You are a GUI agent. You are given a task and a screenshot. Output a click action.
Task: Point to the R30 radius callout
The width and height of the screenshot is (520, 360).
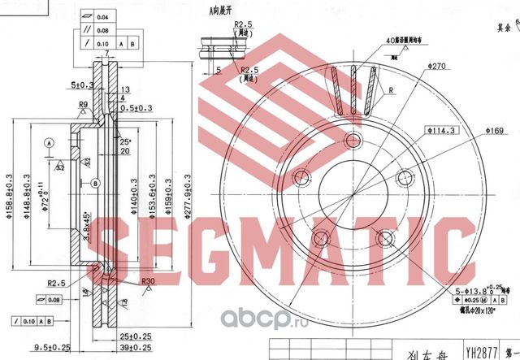click(x=148, y=281)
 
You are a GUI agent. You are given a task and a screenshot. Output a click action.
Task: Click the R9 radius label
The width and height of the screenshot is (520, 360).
click(x=84, y=105)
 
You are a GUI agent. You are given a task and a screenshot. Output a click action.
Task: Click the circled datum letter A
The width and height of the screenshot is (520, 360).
click(x=49, y=142)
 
